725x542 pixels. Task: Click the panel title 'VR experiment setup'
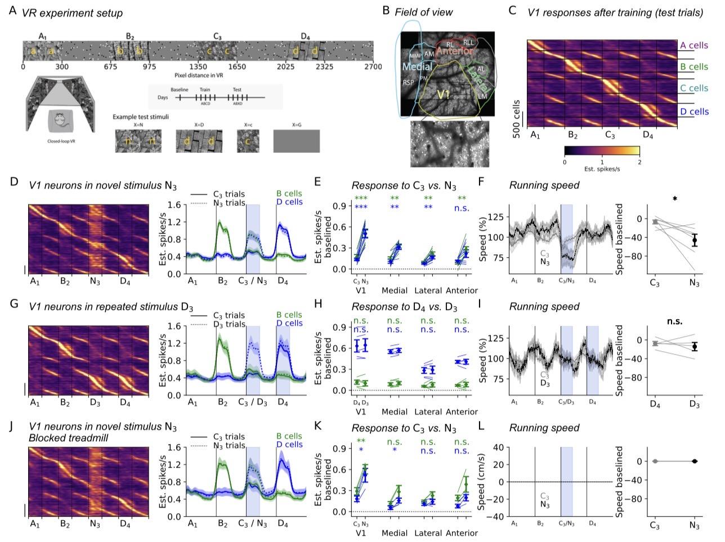(x=72, y=12)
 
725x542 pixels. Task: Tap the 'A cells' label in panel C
(x=694, y=46)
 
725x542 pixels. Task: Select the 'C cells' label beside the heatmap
(x=694, y=88)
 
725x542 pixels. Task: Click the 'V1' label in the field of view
(x=444, y=95)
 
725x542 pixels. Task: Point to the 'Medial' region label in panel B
(x=417, y=67)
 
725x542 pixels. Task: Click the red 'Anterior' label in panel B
(x=454, y=51)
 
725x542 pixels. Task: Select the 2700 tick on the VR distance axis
(x=372, y=66)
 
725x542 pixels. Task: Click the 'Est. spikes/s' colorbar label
(x=602, y=169)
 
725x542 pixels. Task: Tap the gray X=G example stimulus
(x=296, y=141)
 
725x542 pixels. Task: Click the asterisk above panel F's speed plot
(x=674, y=199)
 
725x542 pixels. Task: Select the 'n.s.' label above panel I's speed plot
(x=674, y=321)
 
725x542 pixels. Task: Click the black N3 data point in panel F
(x=695, y=240)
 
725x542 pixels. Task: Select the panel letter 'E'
(x=317, y=182)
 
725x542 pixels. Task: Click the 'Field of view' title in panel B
(x=423, y=11)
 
